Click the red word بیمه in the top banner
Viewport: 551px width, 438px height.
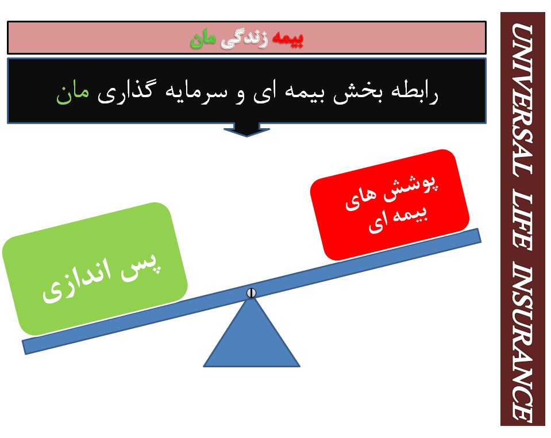(x=287, y=39)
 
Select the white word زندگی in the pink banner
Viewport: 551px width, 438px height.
(x=244, y=39)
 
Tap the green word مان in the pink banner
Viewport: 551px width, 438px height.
(x=203, y=39)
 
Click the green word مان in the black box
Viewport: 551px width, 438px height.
(x=73, y=94)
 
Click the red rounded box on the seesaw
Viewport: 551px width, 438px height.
(x=390, y=205)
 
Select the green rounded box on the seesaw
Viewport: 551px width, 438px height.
(x=95, y=269)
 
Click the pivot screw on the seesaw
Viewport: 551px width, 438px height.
(x=251, y=293)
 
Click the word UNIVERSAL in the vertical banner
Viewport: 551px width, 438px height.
(x=522, y=99)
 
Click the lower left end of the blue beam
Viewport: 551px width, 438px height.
(x=24, y=347)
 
